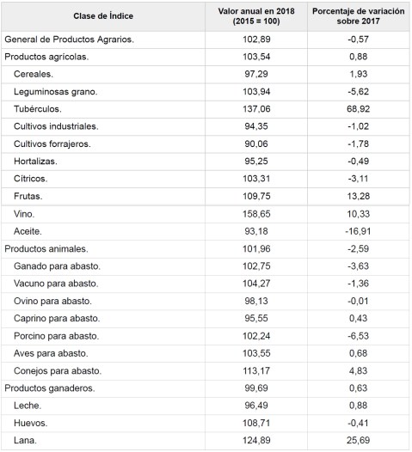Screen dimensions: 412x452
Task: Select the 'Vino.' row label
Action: (26, 213)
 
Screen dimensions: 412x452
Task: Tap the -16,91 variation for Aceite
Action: (359, 231)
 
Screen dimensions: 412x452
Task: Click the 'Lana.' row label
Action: (26, 441)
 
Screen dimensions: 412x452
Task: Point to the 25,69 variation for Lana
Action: (359, 441)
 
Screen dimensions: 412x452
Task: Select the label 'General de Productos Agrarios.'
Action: (70, 40)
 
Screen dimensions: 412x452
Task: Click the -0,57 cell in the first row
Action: (359, 40)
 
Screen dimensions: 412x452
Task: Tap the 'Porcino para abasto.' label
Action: (58, 336)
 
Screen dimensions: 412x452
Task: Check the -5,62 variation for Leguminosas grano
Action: (359, 92)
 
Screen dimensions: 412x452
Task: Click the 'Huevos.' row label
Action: (31, 424)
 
